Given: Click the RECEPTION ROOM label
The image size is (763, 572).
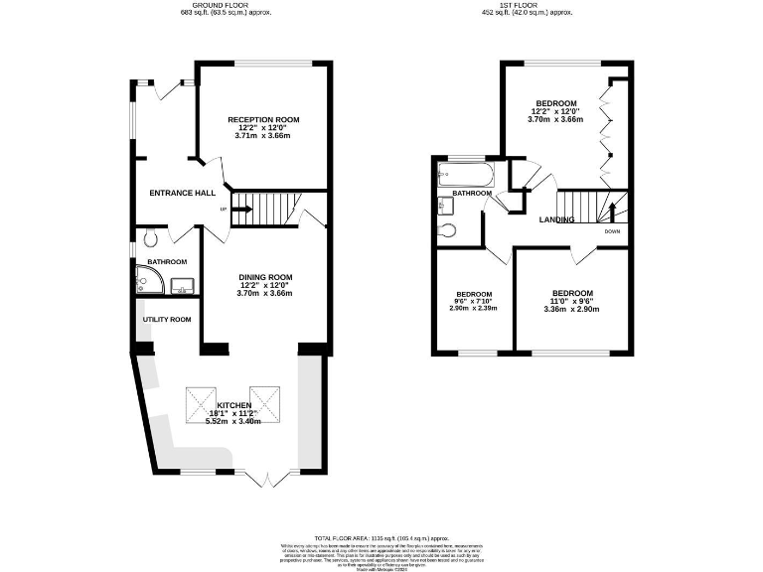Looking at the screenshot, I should click(x=263, y=120).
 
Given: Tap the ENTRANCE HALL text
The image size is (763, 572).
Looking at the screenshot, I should click(x=183, y=193).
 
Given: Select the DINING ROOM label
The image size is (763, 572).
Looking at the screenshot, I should click(x=265, y=277).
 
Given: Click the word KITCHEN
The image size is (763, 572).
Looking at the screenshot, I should click(x=232, y=405).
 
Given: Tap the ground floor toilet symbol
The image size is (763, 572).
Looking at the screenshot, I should click(x=149, y=238).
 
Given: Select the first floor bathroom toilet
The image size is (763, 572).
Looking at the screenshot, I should click(x=448, y=230).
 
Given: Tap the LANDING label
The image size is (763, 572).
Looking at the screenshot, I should click(x=556, y=219).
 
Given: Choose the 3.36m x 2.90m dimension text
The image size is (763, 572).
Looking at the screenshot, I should click(x=572, y=309).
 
